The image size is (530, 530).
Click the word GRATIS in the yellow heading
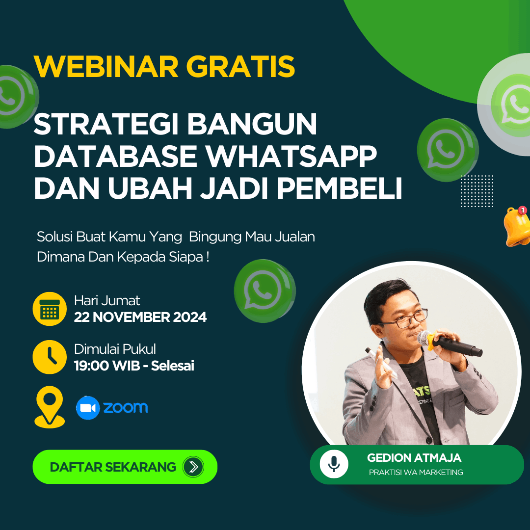coord(240,67)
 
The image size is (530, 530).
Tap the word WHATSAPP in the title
coord(291,156)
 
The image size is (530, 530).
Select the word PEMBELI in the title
coord(340,188)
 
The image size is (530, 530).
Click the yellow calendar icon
coord(50,309)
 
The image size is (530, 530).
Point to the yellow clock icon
coord(50,357)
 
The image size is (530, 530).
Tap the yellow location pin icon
coord(50,407)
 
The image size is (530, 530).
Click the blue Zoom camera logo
coord(88,408)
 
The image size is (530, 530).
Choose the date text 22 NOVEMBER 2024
coord(140,317)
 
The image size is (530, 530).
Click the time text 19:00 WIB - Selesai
coord(134,366)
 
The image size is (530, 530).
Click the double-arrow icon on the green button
coord(193,467)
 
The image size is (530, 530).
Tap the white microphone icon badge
coord(334,464)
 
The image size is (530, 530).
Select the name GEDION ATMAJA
coord(414,458)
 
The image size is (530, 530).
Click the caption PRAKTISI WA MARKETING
coord(416,472)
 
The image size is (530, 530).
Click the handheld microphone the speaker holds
coord(450,343)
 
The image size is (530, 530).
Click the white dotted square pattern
coord(477,191)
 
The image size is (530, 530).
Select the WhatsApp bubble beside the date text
coord(265,291)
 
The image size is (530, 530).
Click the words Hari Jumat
coord(107,300)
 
